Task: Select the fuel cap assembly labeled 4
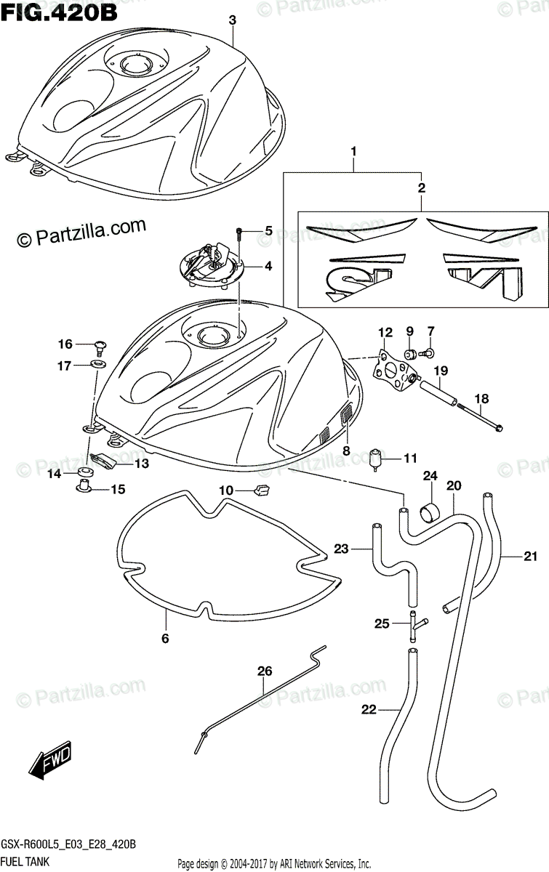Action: click(x=210, y=265)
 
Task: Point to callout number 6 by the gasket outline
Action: click(x=164, y=639)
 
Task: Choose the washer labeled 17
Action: click(x=95, y=363)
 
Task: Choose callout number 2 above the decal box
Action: click(x=422, y=187)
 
